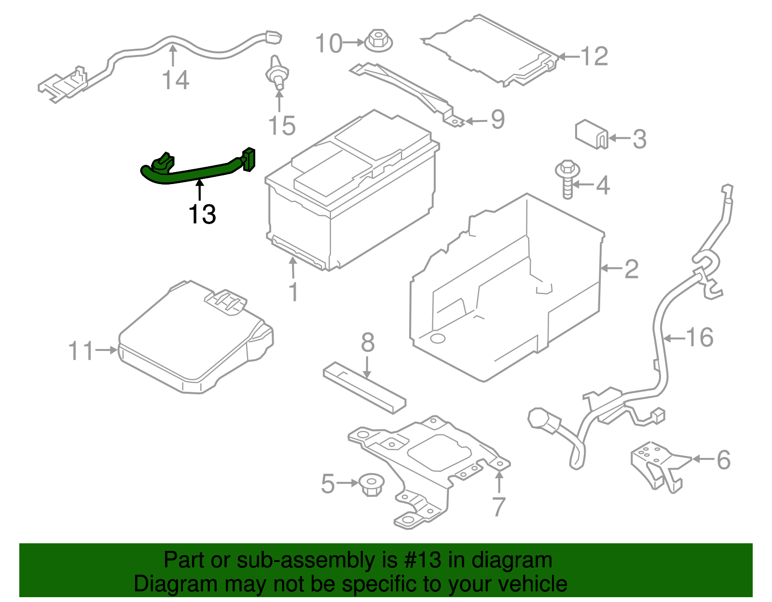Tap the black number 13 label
point(202,214)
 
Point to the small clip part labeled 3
point(591,134)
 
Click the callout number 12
point(594,56)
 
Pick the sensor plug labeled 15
point(277,74)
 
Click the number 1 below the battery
point(293,292)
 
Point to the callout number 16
point(699,337)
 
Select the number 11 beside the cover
point(81,351)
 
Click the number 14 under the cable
point(175,80)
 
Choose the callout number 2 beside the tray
point(631,268)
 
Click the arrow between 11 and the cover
point(106,350)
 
